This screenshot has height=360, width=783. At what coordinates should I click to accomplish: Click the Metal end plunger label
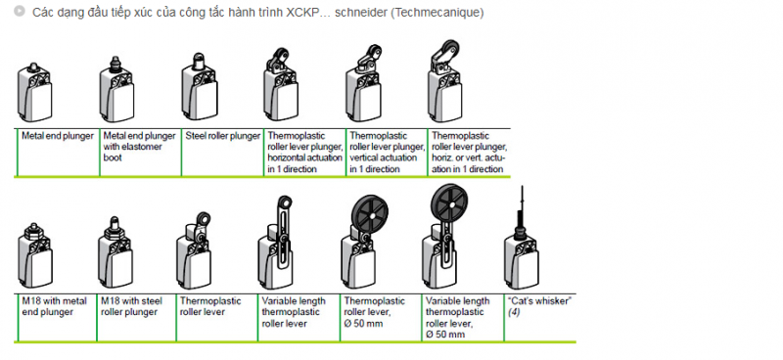coord(58,136)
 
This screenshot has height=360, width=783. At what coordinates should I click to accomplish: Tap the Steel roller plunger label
coord(223,136)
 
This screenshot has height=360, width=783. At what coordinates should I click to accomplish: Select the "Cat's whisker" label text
coord(539,301)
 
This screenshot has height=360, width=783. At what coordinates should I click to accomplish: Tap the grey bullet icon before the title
coord(20,11)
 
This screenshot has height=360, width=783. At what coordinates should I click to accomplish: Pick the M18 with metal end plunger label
coord(54,306)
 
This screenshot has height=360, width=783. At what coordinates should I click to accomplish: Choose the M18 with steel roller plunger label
coord(132,306)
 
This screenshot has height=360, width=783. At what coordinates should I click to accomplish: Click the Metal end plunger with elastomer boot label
coord(139,147)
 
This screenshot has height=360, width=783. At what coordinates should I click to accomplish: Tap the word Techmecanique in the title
coord(437,13)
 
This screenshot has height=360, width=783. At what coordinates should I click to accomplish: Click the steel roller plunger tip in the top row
coord(199,61)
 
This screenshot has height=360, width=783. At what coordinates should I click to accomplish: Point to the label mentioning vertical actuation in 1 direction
coord(387,153)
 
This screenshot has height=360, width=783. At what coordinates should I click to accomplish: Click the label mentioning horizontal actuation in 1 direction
coord(305,153)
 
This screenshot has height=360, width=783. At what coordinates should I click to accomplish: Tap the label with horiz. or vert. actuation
coord(469,153)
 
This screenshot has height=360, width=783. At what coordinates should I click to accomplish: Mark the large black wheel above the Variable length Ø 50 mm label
coord(449,201)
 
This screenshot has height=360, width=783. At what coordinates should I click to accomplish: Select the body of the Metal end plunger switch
coord(34,98)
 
